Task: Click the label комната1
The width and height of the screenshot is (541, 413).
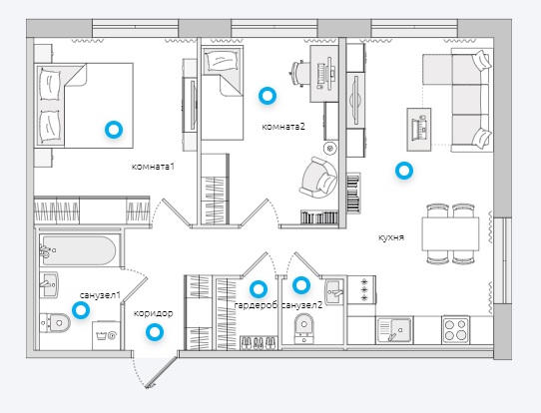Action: click(153, 167)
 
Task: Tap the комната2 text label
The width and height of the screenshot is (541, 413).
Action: click(283, 127)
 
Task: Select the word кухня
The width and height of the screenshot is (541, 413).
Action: click(391, 237)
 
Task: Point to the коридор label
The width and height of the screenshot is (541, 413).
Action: click(153, 313)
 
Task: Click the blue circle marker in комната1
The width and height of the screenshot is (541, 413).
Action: click(114, 130)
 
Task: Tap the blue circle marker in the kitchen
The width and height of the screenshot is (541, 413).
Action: click(404, 171)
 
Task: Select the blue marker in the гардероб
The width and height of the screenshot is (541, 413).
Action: click(259, 289)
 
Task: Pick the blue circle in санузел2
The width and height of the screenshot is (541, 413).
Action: click(301, 285)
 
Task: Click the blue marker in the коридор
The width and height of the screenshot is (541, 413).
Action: click(155, 332)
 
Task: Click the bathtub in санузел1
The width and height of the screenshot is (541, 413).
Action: click(78, 250)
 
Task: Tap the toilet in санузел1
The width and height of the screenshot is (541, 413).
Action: click(55, 323)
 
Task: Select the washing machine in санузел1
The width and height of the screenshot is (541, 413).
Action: click(106, 335)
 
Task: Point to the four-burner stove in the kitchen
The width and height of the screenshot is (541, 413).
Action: click(456, 330)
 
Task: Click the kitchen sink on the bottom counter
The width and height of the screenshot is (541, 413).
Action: click(395, 330)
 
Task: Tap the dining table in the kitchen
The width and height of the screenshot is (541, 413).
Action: click(450, 233)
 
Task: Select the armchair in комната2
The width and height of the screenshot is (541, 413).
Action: click(318, 178)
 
